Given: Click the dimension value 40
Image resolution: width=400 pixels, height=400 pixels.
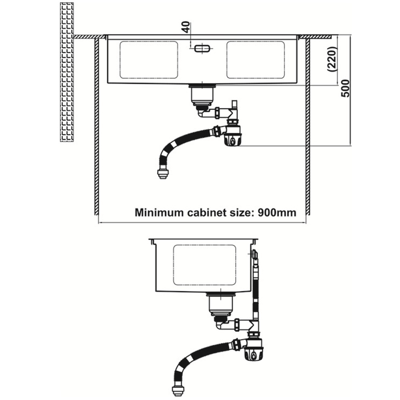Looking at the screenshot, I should pyautogui.click(x=185, y=28).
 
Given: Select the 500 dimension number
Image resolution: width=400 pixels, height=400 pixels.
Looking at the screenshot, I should pyautogui.click(x=346, y=89).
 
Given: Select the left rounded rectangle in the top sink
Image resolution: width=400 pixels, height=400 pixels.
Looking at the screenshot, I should pyautogui.click(x=149, y=60).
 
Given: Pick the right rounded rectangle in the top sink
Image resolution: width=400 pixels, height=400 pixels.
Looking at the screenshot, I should pyautogui.click(x=256, y=60).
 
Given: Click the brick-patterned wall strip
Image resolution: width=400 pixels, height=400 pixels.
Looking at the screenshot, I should pyautogui.click(x=66, y=72).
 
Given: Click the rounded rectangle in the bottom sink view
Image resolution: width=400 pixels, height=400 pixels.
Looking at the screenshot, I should pyautogui.click(x=204, y=265).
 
